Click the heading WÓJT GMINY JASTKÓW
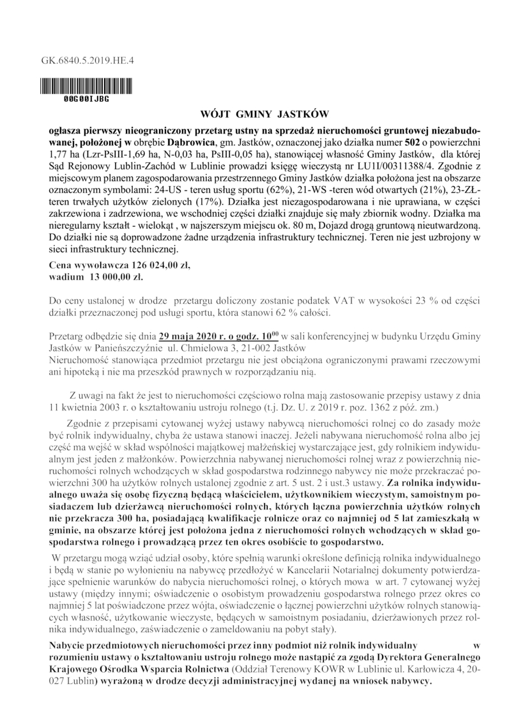point(255,117)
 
